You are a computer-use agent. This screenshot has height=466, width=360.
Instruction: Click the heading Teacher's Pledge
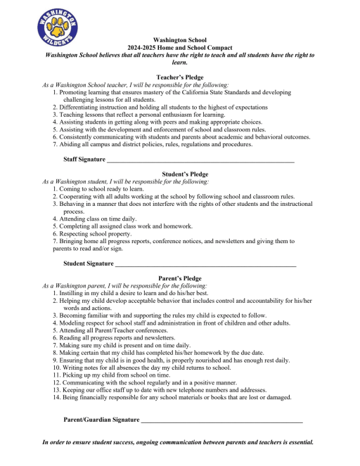coord(179,77)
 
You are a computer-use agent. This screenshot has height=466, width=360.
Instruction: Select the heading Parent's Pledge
coord(179,278)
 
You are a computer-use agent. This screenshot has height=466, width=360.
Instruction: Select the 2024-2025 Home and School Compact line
coord(179,47)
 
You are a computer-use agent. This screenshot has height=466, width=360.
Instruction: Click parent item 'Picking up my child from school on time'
coord(115,375)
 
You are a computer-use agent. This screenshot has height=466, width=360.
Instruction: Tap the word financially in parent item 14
coord(98,397)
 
